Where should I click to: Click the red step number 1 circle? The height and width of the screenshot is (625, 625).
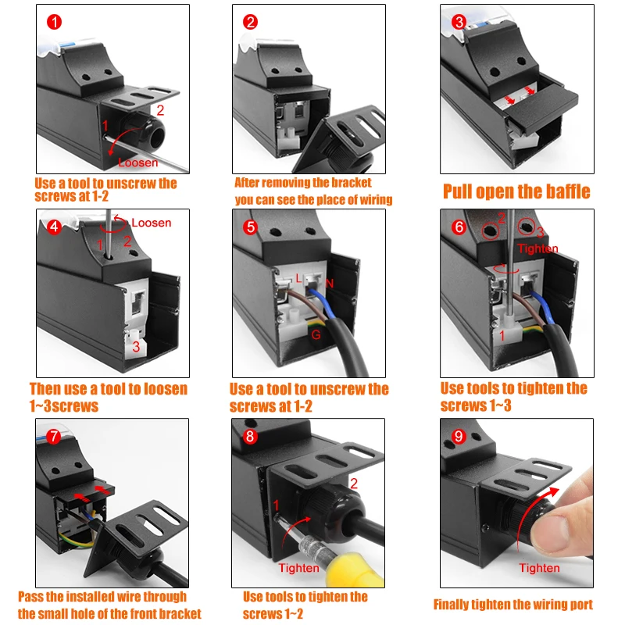(53, 21)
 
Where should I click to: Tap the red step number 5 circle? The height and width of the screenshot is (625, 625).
(250, 227)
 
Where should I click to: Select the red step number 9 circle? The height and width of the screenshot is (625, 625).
(459, 437)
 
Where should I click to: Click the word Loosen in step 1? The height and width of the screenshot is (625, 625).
(137, 162)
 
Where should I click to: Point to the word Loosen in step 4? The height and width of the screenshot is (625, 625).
(151, 223)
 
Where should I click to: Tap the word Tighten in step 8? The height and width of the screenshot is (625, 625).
(298, 568)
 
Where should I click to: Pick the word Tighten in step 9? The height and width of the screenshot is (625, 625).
(540, 568)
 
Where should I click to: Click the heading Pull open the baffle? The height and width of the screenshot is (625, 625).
(516, 191)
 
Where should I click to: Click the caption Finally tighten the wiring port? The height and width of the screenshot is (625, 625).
(513, 604)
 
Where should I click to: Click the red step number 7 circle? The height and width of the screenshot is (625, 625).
(53, 437)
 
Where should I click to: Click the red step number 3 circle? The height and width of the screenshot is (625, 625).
(459, 21)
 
